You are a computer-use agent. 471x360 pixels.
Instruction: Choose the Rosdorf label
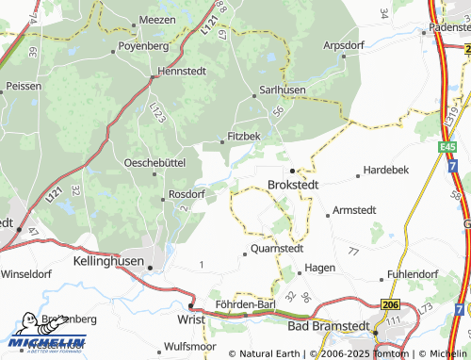pyautogui.click(x=186, y=194)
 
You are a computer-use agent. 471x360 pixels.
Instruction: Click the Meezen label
pyautogui.click(x=158, y=19)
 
